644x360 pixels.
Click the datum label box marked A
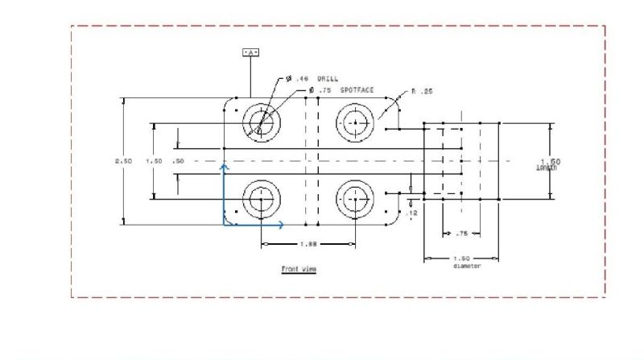pyautogui.click(x=251, y=52)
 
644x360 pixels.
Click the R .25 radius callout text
pyautogui.click(x=422, y=91)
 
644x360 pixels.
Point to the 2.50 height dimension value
pyautogui.click(x=124, y=161)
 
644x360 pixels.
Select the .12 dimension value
pyautogui.click(x=412, y=213)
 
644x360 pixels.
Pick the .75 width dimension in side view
pyautogui.click(x=461, y=234)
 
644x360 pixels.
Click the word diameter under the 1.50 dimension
pyautogui.click(x=466, y=266)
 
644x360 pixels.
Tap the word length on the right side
pyautogui.click(x=547, y=168)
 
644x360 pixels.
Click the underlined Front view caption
pyautogui.click(x=298, y=269)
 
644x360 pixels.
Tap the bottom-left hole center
pyautogui.click(x=260, y=198)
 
